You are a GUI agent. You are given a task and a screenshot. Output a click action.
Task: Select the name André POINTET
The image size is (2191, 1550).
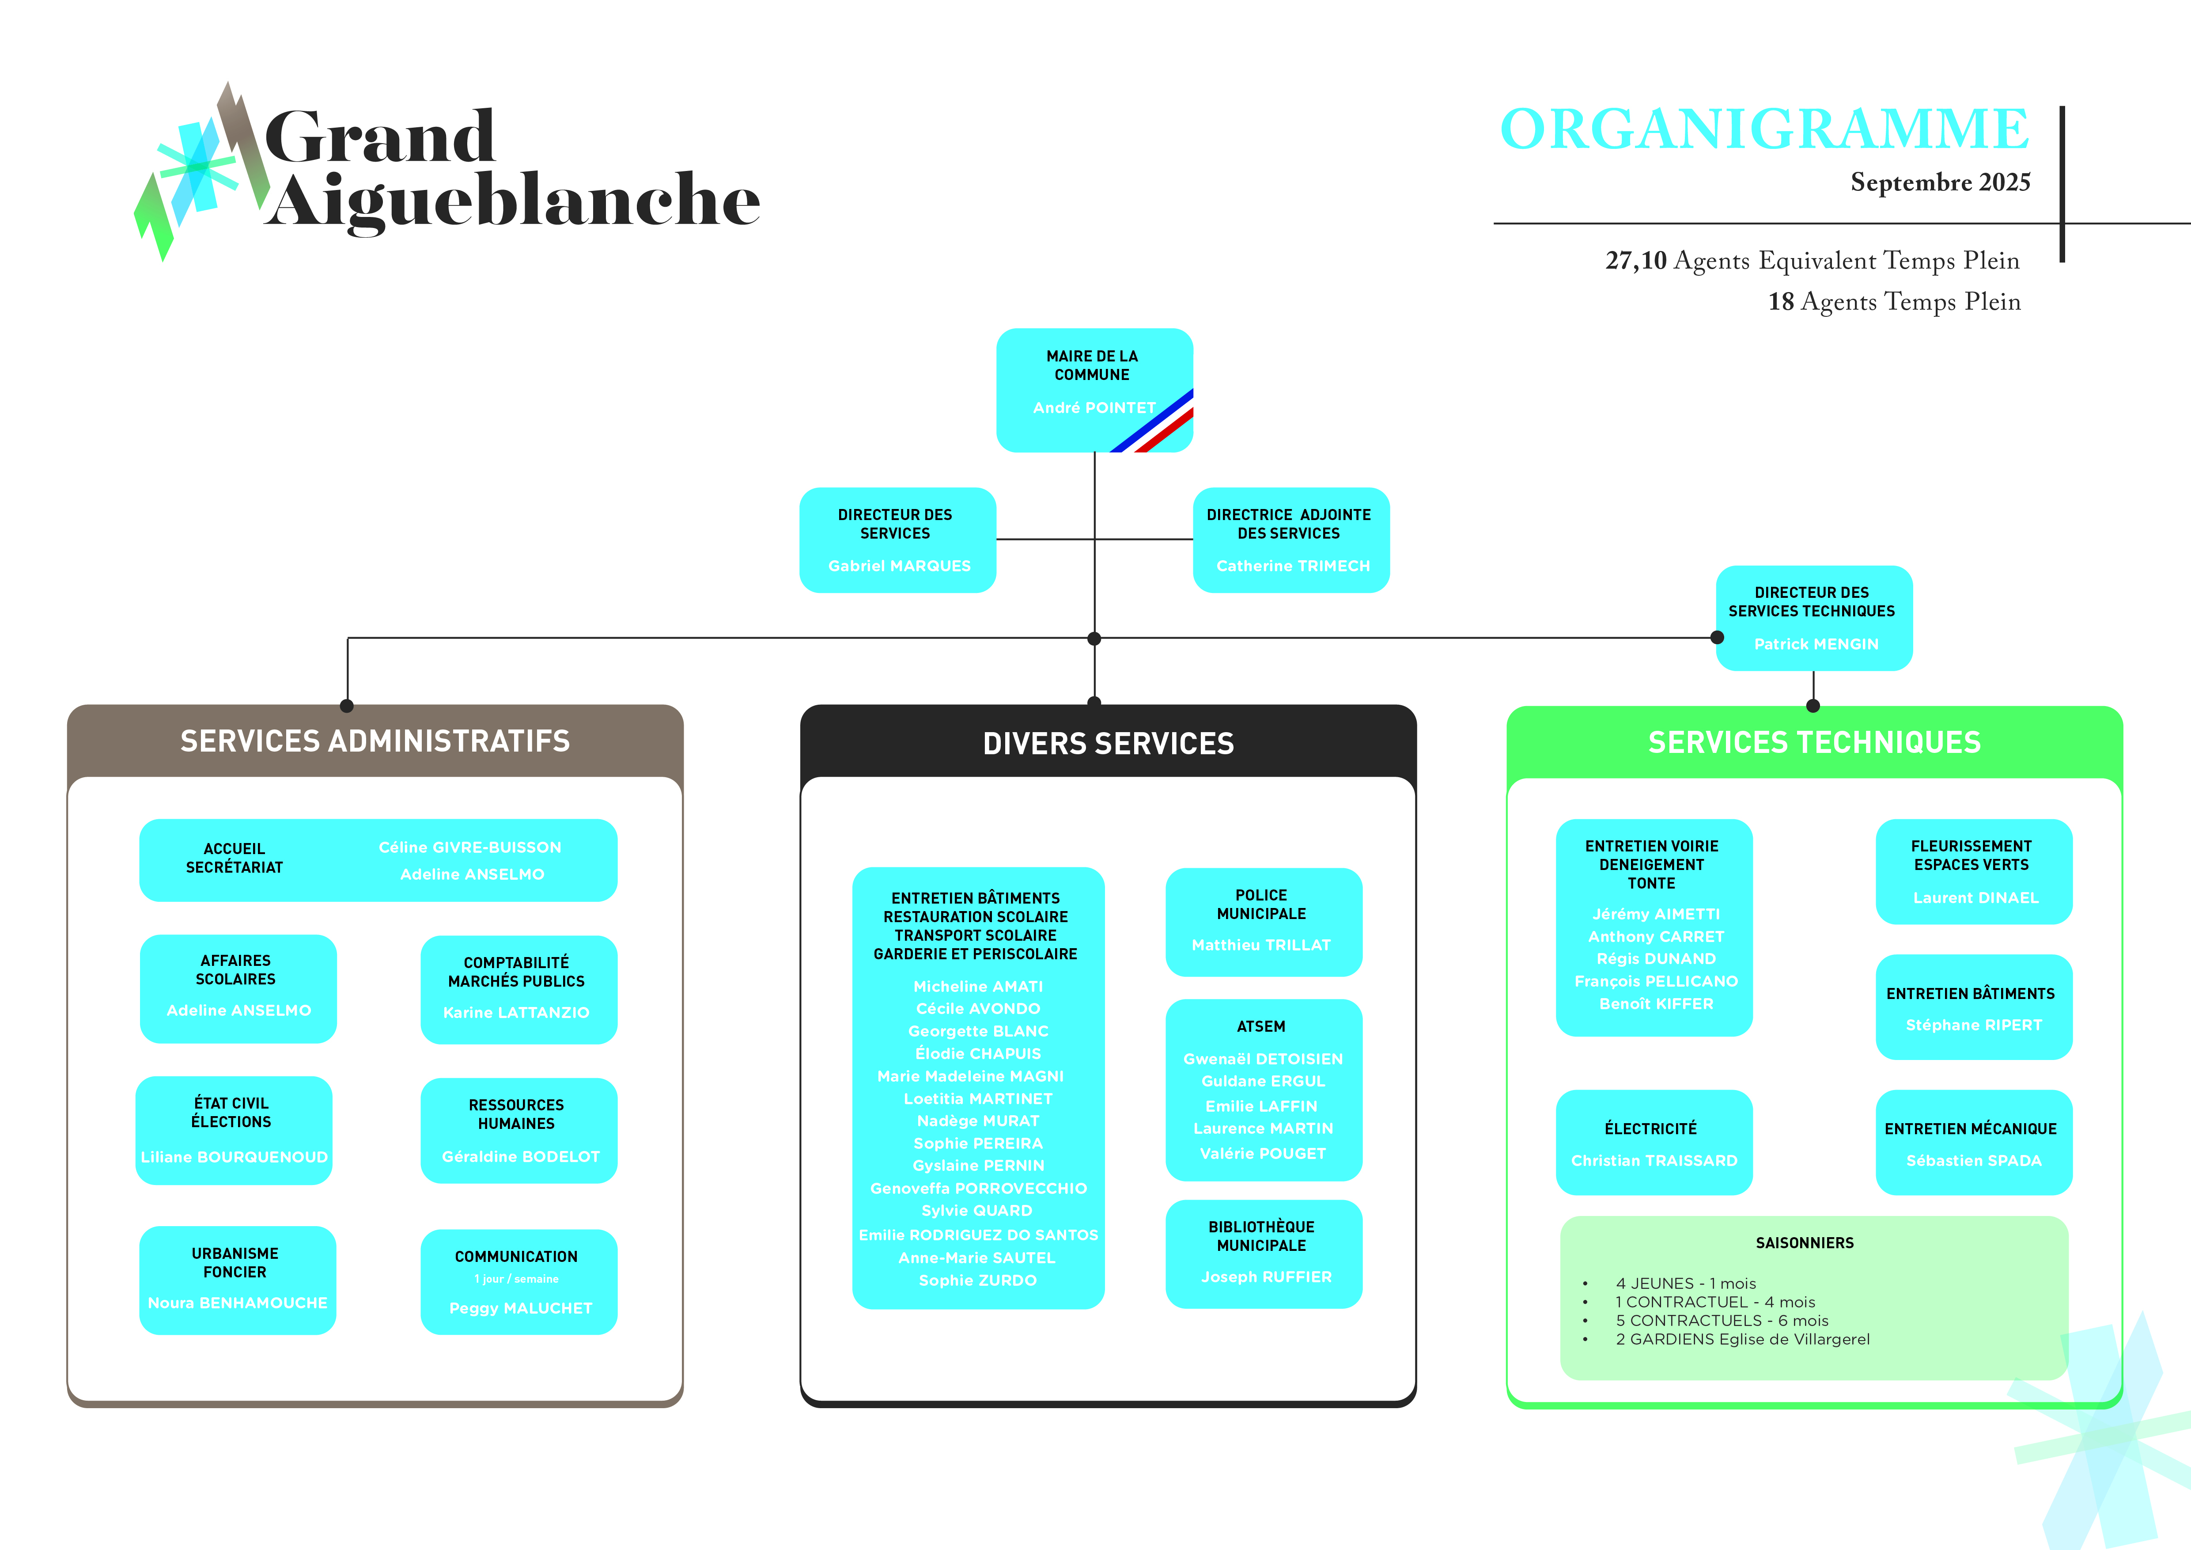point(1094,407)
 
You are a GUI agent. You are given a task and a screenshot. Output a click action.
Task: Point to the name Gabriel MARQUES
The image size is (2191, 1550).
point(899,566)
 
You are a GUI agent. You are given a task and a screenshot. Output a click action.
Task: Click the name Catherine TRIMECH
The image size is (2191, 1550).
point(1292,566)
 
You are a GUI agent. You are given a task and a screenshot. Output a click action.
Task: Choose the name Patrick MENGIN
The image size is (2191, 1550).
point(1815,644)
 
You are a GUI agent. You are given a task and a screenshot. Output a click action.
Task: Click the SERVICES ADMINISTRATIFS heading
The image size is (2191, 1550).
point(375,741)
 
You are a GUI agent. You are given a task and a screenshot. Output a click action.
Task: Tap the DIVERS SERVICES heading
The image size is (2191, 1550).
point(1108,744)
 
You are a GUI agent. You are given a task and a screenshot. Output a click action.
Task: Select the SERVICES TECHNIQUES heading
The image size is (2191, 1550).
point(1814,743)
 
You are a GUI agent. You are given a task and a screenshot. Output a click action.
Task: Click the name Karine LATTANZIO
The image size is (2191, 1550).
point(516,1013)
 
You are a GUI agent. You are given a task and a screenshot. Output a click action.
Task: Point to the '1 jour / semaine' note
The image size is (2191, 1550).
point(516,1279)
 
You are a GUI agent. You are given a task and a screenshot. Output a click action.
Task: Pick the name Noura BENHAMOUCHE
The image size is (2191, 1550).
point(238,1303)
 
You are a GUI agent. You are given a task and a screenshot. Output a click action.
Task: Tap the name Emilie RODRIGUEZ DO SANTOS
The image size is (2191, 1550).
point(978,1235)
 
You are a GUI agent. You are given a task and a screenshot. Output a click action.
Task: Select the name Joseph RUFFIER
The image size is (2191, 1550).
point(1265,1277)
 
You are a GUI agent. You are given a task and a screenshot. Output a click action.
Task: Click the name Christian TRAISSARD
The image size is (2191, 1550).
point(1654,1161)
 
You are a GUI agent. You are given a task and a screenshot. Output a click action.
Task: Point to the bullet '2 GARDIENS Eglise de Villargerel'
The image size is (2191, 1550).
point(1741,1339)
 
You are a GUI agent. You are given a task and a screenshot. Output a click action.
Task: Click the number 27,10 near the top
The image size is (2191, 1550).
point(1635,261)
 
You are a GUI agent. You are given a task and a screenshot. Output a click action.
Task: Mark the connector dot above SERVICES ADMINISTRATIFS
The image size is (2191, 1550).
point(347,706)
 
